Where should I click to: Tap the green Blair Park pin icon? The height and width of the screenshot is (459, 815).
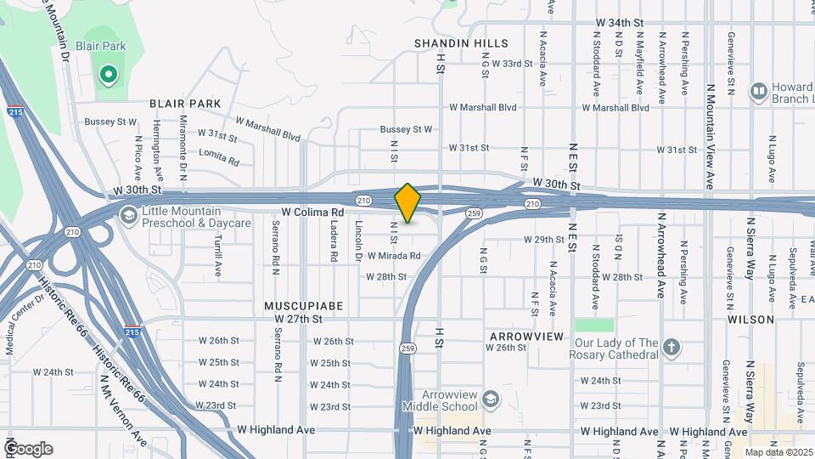click(108, 76)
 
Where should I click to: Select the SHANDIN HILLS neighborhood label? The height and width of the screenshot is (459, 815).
click(461, 43)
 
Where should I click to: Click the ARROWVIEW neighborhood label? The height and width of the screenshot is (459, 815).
click(526, 337)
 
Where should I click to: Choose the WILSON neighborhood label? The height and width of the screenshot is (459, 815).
click(750, 320)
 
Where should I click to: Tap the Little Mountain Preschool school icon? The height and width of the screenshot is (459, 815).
click(128, 215)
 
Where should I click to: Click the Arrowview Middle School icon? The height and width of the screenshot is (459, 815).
click(491, 399)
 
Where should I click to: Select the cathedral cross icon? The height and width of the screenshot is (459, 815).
click(672, 347)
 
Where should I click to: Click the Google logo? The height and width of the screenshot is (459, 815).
click(28, 448)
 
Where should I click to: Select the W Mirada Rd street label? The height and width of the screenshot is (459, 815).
click(394, 255)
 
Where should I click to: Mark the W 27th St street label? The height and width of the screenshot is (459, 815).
click(299, 319)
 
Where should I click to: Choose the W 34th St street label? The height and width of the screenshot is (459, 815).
click(621, 22)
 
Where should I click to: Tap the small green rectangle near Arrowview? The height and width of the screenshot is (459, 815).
click(594, 326)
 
